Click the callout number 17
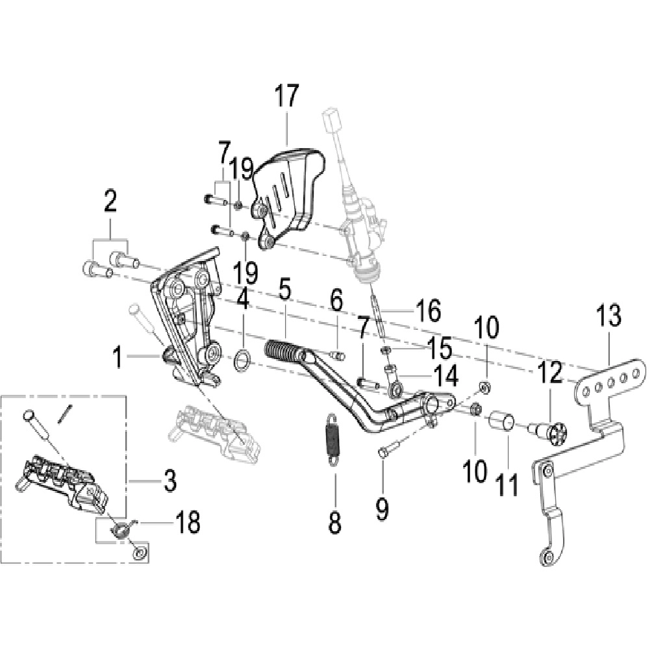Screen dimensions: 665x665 point(286,96)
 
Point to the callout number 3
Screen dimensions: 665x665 point(169,481)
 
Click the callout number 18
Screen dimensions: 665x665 point(188,522)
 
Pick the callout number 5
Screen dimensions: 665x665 point(284,290)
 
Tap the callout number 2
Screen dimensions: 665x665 point(110,201)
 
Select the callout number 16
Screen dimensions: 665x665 point(429,310)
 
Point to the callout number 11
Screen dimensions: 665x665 point(508,484)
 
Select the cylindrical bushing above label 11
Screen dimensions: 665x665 point(503,422)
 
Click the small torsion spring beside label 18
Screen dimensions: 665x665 point(123,529)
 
